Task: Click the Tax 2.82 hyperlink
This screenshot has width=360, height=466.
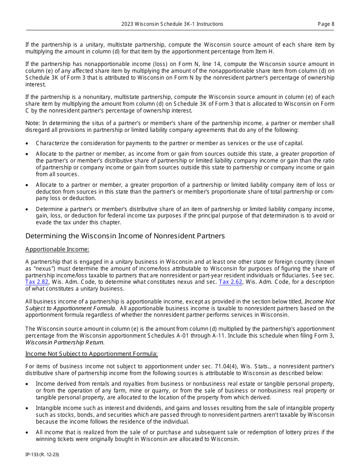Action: point(37,282)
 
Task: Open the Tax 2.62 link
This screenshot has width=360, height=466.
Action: point(230,282)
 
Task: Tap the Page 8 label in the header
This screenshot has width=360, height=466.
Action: point(326,24)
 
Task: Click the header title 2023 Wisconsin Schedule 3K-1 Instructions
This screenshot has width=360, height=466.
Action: point(172,24)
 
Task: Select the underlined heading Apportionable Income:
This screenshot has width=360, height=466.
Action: point(57,249)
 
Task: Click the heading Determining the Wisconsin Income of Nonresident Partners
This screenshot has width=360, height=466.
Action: point(125,236)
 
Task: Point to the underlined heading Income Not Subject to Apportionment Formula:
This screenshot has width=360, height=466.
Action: point(91,353)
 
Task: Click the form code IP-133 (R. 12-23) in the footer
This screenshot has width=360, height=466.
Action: point(42,454)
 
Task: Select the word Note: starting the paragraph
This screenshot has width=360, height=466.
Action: point(33,123)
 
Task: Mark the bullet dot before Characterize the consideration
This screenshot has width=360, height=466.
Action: point(27,144)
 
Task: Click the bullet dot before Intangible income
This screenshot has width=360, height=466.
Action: point(27,408)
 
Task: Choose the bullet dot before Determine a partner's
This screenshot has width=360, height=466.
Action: point(27,210)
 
